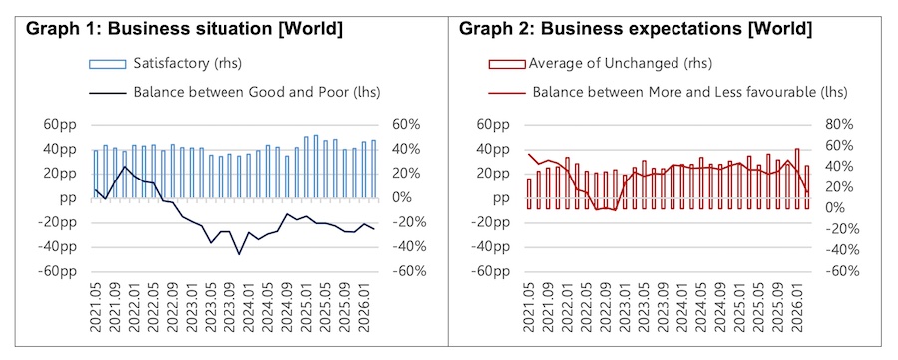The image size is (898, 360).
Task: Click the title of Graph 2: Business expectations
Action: pyautogui.click(x=635, y=29)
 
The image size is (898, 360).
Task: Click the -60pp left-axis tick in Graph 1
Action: pyautogui.click(x=56, y=271)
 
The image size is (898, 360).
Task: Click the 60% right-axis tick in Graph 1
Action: pyautogui.click(x=409, y=125)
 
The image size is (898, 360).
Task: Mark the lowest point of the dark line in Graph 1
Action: pyautogui.click(x=239, y=254)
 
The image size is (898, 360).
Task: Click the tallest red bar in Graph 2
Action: pyautogui.click(x=797, y=179)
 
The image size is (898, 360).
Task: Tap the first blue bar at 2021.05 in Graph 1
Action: pyautogui.click(x=96, y=174)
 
